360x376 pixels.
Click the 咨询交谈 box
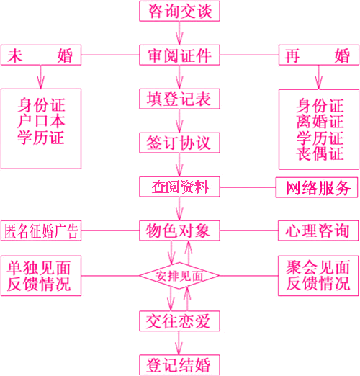click(x=179, y=11)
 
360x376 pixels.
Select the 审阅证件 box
click(x=179, y=55)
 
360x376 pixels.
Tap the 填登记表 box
click(x=179, y=99)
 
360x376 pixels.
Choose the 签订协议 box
click(x=179, y=143)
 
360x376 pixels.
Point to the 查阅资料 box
click(x=179, y=187)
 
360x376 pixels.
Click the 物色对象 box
click(x=179, y=230)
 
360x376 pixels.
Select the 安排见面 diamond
click(x=179, y=276)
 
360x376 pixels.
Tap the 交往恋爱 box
click(x=179, y=321)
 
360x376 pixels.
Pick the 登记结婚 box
click(x=179, y=365)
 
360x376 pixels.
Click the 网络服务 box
click(x=317, y=187)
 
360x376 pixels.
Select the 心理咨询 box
click(x=318, y=230)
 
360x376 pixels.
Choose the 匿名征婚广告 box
click(x=41, y=230)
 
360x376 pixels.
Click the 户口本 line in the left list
click(x=41, y=121)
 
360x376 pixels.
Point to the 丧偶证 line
click(x=320, y=153)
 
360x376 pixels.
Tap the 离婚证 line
click(x=320, y=122)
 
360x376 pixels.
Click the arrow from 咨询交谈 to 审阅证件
click(x=179, y=33)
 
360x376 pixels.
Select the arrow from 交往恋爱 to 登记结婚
click(x=179, y=343)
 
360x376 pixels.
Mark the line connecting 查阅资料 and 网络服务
click(x=248, y=187)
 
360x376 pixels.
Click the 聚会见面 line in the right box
click(x=318, y=267)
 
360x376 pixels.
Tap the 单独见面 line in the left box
click(x=39, y=267)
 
